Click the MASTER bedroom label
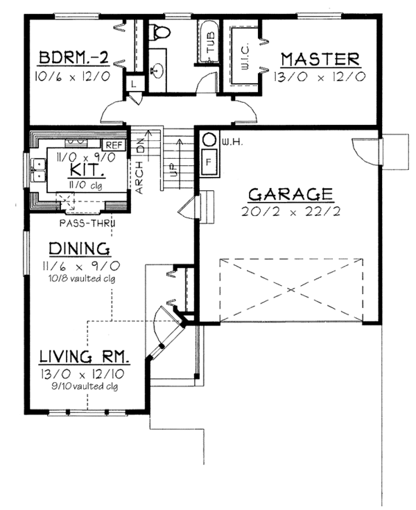coord(320,60)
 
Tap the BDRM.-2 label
coord(73,58)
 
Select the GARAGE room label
coord(291,194)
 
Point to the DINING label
coord(79,248)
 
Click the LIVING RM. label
coord(85,356)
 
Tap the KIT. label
coord(85,170)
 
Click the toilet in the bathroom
coord(159,33)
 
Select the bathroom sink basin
coord(158,71)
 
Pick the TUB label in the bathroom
coord(211,42)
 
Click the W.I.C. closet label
coord(245,56)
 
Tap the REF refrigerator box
coord(114,145)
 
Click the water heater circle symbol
coord(209,140)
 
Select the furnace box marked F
coord(209,162)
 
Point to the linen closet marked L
coord(134,84)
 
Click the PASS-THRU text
coord(88,223)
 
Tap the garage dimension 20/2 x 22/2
coord(291,212)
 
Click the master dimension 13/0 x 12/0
coord(320,77)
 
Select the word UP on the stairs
coord(173,170)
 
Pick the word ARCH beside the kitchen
coord(139,178)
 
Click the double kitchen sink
coord(39,170)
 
